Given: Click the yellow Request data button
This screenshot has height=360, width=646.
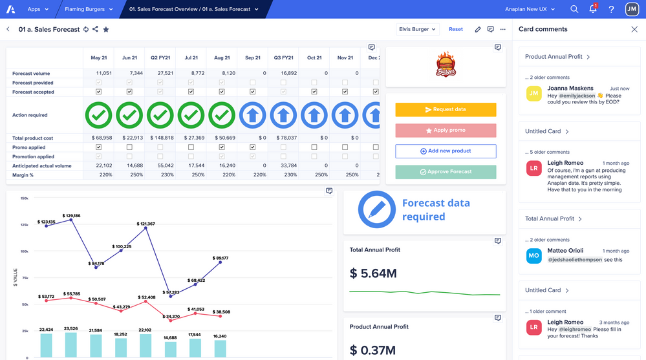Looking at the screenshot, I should point(446,110).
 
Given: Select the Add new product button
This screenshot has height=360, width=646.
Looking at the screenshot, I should point(446,151).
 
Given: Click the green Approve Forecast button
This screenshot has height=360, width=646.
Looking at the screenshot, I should point(446,172).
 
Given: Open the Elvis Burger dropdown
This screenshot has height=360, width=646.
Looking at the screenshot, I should point(418,29).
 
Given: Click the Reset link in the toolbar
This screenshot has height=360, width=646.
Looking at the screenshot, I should point(456,29).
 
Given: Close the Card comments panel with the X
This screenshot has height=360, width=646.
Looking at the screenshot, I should point(634,29).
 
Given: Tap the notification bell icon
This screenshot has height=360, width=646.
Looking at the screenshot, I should point(592,9).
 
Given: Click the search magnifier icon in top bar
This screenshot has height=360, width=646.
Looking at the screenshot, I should point(574,9).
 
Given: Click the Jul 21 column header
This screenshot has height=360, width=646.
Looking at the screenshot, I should point(191,58).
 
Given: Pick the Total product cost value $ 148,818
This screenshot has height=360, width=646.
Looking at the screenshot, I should point(160,138).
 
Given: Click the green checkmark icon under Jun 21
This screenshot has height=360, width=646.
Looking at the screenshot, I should point(129,115).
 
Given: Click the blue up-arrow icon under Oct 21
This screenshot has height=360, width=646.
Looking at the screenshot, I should point(314,115).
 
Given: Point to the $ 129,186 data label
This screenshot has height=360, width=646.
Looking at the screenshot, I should point(71,216).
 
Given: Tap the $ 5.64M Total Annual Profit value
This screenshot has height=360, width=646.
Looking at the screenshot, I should point(373,273).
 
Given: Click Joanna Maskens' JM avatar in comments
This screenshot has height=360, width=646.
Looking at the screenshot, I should point(533,93).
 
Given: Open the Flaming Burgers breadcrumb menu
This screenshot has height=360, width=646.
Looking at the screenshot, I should point(88,9).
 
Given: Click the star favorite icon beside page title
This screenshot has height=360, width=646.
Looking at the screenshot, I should point(106,29).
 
